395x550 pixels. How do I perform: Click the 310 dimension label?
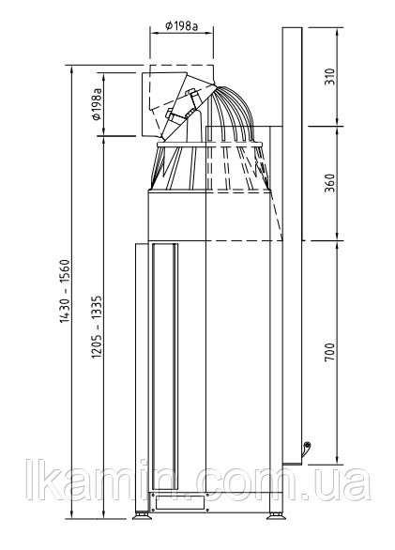[x=329, y=76]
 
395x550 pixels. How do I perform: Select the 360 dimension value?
[x=329, y=183]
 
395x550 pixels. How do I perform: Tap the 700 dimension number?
[x=329, y=352]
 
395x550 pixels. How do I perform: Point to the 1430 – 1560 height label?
[x=66, y=291]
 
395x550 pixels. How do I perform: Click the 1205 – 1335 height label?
[x=98, y=327]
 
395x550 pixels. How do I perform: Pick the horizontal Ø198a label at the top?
[x=182, y=25]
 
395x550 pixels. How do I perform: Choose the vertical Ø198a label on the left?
[x=98, y=104]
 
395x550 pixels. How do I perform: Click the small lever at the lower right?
[x=306, y=448]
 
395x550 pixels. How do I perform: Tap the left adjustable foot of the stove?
[x=142, y=515]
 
